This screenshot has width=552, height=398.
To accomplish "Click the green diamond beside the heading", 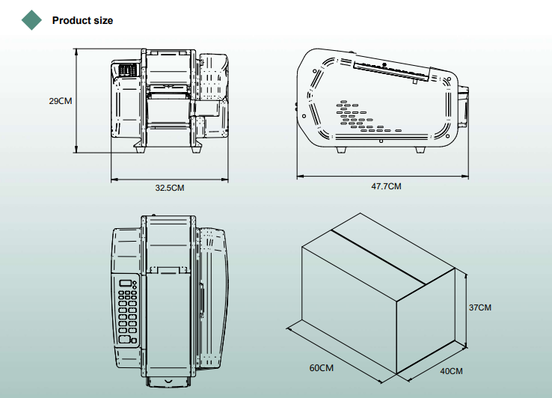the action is pyautogui.click(x=31, y=20).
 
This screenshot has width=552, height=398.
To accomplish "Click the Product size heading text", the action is pyautogui.click(x=82, y=20).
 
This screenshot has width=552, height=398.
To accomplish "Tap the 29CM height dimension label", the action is pyautogui.click(x=60, y=101).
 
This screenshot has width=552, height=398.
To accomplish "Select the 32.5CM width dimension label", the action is pyautogui.click(x=170, y=188).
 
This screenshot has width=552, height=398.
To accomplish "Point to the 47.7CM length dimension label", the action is pyautogui.click(x=386, y=186).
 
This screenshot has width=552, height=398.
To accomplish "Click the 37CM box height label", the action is pyautogui.click(x=480, y=307).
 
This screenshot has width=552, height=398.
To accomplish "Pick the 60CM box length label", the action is pyautogui.click(x=322, y=368).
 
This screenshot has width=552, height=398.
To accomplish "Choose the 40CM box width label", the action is pyautogui.click(x=451, y=371).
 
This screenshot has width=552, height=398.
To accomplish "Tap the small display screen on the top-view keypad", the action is pyautogui.click(x=126, y=283).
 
